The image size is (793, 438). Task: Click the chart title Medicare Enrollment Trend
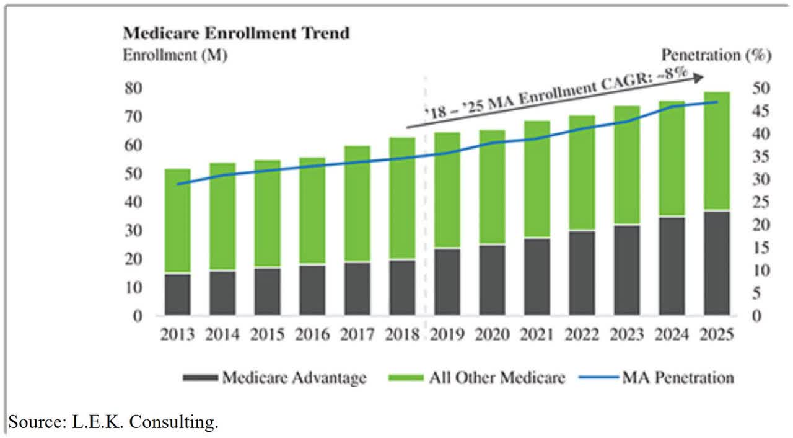236,33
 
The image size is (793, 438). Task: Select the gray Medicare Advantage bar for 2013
177,294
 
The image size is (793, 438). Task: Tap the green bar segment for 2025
717,151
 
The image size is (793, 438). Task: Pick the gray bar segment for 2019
447,282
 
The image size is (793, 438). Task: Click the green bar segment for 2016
312,211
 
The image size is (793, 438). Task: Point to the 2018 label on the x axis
401,334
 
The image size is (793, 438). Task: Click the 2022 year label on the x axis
581,334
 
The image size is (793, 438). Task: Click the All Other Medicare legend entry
479,378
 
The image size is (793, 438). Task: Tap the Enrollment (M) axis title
175,55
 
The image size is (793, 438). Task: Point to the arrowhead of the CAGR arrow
699,77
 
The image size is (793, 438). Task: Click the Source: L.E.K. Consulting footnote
113,423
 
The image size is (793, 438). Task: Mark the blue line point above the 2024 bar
672,107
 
